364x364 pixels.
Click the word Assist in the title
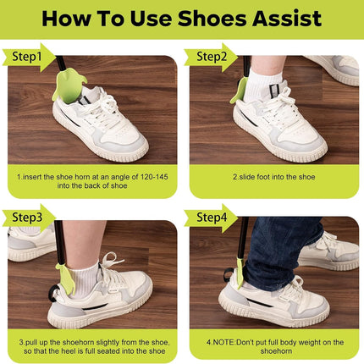point(287,19)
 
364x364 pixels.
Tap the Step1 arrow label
point(28,58)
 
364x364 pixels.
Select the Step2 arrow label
point(211,58)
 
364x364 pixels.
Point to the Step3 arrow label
point(28,218)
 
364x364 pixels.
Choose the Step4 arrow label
point(211,218)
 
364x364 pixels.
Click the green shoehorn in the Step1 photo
point(69,86)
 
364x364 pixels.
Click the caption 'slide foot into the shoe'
point(277,177)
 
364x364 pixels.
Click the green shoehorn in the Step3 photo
point(66,279)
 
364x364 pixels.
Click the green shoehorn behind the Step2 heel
point(237,91)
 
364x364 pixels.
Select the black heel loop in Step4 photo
point(229,274)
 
